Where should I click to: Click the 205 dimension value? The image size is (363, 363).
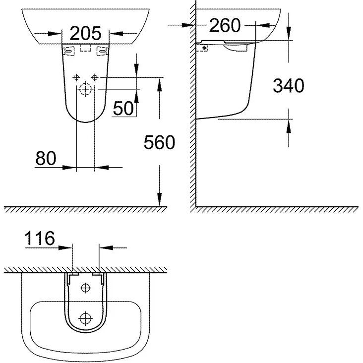[85, 33]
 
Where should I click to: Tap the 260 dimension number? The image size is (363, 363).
[225, 25]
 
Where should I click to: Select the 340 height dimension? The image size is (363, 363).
[288, 85]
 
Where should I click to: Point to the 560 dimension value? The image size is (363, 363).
[159, 142]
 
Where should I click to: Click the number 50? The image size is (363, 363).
[123, 108]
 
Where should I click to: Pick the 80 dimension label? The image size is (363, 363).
[46, 158]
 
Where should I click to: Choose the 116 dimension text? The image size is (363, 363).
[40, 238]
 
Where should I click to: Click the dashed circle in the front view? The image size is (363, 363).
[86, 89]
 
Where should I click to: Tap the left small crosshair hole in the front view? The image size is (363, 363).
[76, 77]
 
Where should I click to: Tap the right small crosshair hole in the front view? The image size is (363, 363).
[95, 77]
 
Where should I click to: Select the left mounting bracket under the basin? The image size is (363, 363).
[68, 51]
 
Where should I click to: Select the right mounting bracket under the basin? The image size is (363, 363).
[102, 51]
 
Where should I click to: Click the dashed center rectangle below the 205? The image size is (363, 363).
[85, 48]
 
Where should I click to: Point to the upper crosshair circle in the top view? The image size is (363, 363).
[86, 288]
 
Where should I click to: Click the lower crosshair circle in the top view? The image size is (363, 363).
[86, 318]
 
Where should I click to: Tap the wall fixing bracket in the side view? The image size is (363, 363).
[202, 48]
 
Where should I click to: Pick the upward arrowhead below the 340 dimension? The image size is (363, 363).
[289, 126]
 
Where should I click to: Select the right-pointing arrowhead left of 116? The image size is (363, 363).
[65, 248]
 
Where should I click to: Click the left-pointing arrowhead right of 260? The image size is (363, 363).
[263, 25]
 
